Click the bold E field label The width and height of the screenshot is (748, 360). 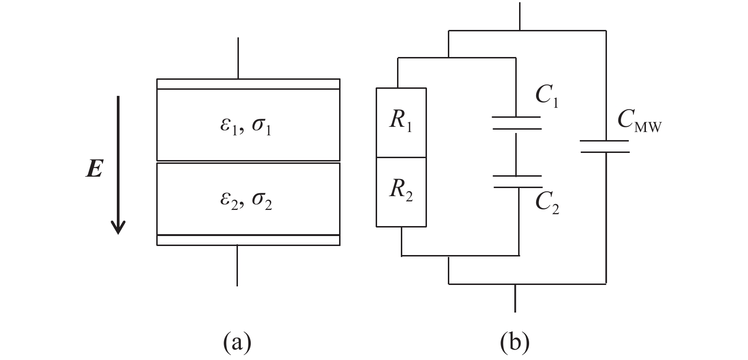tap(95, 169)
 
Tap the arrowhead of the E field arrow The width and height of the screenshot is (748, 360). tap(118, 227)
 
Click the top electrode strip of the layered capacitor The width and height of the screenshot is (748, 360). tap(248, 84)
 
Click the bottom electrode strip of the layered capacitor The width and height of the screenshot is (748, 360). tap(248, 240)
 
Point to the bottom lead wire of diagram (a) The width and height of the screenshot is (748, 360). tap(237, 265)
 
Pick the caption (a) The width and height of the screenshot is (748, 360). tap(237, 342)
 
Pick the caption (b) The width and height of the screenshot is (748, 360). tap(515, 342)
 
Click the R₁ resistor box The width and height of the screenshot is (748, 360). tap(401, 122)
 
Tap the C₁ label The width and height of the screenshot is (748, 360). tap(547, 96)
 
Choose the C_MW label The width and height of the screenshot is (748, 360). tap(639, 121)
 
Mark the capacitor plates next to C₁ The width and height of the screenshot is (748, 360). tap(517, 123)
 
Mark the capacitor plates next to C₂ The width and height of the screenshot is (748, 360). tap(518, 181)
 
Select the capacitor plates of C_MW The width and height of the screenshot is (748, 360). tap(605, 146)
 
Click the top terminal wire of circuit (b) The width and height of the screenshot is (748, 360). tap(520, 16)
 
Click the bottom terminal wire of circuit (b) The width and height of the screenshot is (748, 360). tap(515, 298)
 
